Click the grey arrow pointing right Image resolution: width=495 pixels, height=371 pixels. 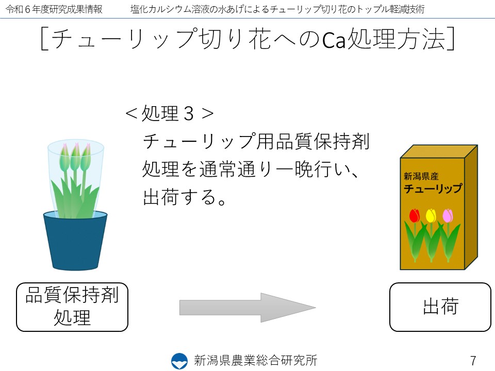click(x=247, y=308)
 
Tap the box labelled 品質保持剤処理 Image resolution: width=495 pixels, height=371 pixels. click(x=72, y=307)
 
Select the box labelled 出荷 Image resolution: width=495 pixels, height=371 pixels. click(x=440, y=307)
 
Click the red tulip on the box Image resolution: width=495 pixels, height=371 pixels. click(x=414, y=216)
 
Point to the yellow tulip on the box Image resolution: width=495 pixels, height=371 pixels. click(x=431, y=216)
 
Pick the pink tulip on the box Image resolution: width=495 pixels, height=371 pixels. click(x=448, y=216)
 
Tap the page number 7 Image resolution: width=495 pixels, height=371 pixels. click(x=473, y=360)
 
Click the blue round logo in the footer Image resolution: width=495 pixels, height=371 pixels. click(x=179, y=361)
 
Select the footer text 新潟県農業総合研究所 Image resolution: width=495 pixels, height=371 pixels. click(x=255, y=360)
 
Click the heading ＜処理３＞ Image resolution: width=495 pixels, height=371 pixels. click(x=170, y=113)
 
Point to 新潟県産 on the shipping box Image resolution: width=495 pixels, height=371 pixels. click(x=421, y=176)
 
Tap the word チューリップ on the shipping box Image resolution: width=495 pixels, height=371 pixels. click(x=433, y=189)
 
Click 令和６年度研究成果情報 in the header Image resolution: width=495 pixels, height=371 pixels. click(x=54, y=9)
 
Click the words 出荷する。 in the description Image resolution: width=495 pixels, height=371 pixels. click(x=185, y=197)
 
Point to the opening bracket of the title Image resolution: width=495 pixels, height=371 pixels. click(x=45, y=39)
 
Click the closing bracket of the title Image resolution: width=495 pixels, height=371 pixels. click(x=451, y=39)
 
